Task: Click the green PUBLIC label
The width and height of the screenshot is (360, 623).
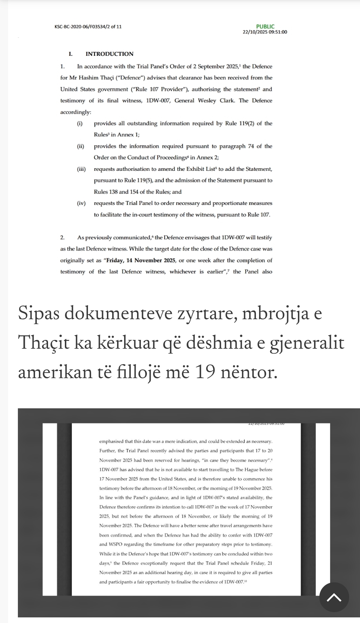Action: tap(265, 27)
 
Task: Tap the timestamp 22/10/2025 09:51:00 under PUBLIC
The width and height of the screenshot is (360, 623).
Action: tap(265, 32)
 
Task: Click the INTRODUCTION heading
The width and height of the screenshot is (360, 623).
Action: tap(109, 54)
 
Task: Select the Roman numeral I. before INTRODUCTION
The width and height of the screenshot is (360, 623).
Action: tap(70, 54)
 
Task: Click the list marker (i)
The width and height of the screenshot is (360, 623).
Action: tap(80, 123)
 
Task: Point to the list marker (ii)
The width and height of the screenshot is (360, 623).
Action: tap(81, 146)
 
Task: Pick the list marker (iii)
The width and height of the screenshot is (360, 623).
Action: tap(81, 169)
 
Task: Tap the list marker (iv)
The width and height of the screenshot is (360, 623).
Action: tap(81, 203)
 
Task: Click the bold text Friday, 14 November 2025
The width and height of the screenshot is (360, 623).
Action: tap(140, 261)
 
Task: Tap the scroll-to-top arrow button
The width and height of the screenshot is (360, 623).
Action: tap(334, 597)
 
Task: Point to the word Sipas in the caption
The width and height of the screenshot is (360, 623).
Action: tap(38, 313)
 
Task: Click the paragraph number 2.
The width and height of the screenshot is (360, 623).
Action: tap(62, 238)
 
